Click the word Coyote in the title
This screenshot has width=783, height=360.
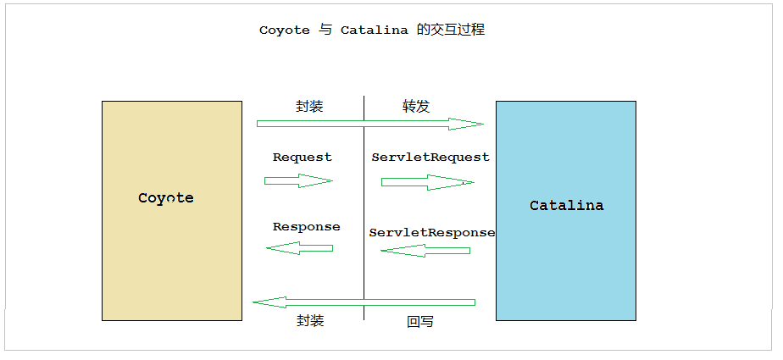[x=285, y=30]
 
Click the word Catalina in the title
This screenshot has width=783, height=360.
[x=375, y=30]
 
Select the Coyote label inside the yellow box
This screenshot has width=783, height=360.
[x=166, y=198]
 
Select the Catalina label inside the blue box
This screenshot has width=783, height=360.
[x=567, y=205]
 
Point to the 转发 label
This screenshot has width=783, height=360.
[x=416, y=107]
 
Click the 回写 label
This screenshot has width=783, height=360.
[x=420, y=322]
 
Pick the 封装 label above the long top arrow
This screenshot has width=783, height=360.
[x=309, y=107]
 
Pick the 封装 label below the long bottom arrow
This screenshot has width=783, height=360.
[x=310, y=321]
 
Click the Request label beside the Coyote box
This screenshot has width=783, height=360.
[x=303, y=158]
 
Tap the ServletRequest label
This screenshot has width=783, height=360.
[x=430, y=158]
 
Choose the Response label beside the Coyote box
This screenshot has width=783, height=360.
[x=306, y=227]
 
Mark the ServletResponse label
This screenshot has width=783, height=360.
[x=432, y=232]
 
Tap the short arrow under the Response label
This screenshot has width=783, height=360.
[x=300, y=248]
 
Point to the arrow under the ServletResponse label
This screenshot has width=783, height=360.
[x=425, y=251]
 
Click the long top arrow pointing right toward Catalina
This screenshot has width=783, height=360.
[x=369, y=125]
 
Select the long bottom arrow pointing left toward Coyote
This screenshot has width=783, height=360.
[x=364, y=302]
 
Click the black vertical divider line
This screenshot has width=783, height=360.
[x=364, y=212]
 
